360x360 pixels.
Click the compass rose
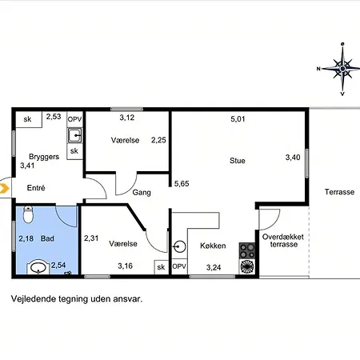[342, 69]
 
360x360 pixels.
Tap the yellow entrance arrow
[4, 188]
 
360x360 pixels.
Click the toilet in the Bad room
[28, 214]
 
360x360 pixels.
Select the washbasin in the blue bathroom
[38, 267]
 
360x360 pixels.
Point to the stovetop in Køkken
[246, 250]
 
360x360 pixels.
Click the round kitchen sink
[179, 246]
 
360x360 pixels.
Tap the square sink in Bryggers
[74, 135]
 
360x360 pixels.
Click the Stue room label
[238, 161]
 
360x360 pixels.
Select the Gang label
[142, 192]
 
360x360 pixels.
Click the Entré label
[36, 188]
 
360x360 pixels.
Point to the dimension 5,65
[182, 184]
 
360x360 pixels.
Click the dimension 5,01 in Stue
[238, 119]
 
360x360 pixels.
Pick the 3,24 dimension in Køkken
[214, 267]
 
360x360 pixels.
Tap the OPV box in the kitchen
[179, 266]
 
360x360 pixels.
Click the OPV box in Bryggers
[74, 119]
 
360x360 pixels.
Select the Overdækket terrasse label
[283, 241]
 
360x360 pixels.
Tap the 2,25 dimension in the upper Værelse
[158, 140]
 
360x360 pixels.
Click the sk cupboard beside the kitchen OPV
[161, 267]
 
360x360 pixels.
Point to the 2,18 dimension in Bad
[26, 238]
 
